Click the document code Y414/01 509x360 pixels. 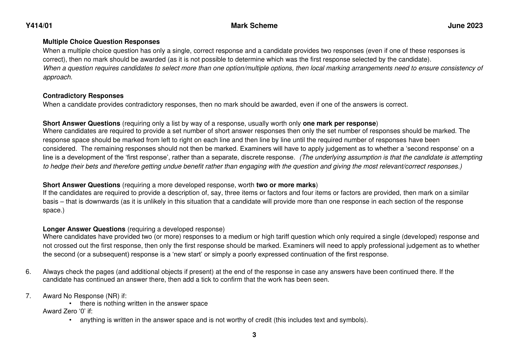[x=39, y=26]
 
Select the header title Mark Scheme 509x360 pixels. [x=254, y=26]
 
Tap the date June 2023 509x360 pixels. [x=465, y=26]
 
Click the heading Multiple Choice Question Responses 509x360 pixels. [x=101, y=42]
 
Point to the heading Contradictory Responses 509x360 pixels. [x=83, y=96]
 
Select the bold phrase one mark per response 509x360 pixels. [x=339, y=123]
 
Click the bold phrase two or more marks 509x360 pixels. [x=286, y=185]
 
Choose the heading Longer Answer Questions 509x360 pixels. [x=84, y=229]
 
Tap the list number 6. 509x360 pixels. [x=28, y=272]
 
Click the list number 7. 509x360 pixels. [x=28, y=296]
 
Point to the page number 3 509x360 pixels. [x=254, y=335]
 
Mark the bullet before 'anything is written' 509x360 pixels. [x=71, y=320]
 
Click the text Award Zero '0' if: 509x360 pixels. [x=68, y=311]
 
